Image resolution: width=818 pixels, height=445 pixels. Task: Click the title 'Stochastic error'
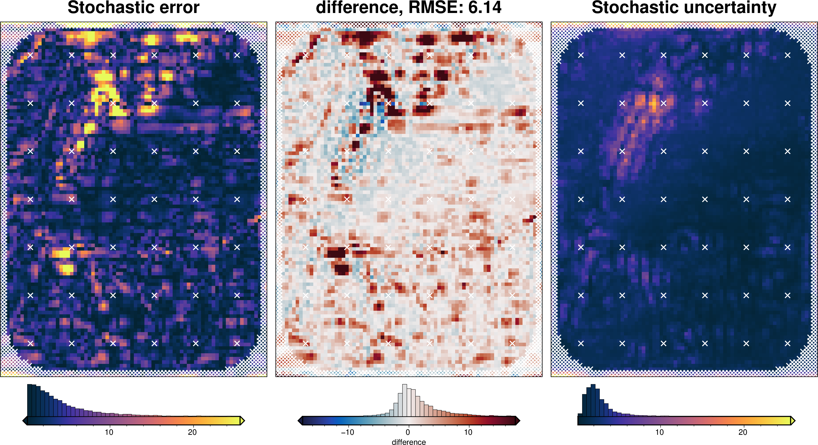click(x=133, y=8)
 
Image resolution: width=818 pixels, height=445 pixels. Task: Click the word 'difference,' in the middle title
click(x=359, y=8)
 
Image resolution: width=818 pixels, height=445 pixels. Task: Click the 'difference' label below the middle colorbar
click(x=409, y=442)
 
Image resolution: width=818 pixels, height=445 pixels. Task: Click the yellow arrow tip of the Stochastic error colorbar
click(x=242, y=421)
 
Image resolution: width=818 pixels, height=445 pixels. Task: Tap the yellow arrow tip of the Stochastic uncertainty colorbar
click(x=793, y=421)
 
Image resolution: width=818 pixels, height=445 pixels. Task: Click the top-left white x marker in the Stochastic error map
click(x=30, y=55)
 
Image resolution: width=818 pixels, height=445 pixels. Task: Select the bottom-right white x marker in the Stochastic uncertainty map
click(x=788, y=343)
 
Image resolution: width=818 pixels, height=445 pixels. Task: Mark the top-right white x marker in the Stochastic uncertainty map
click(x=788, y=55)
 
